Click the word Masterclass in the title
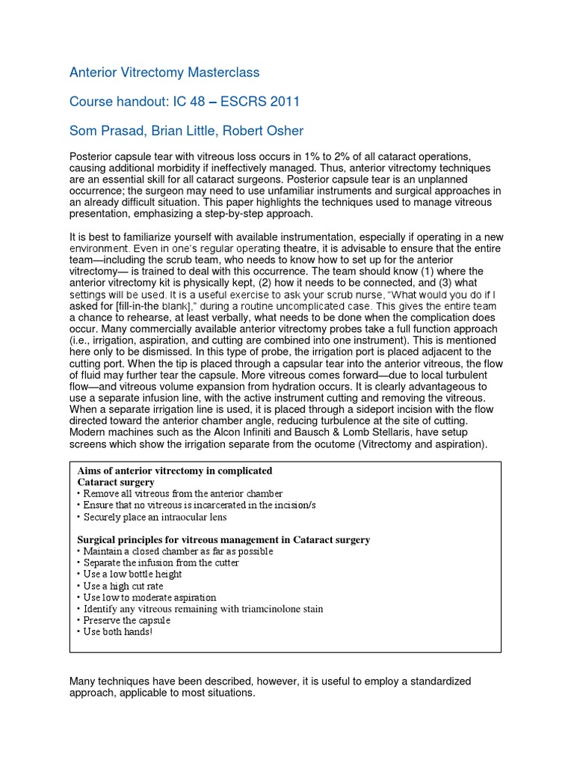click(222, 73)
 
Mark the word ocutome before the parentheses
click(354, 444)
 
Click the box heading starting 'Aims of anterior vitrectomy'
click(174, 471)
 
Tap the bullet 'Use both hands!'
click(119, 632)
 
